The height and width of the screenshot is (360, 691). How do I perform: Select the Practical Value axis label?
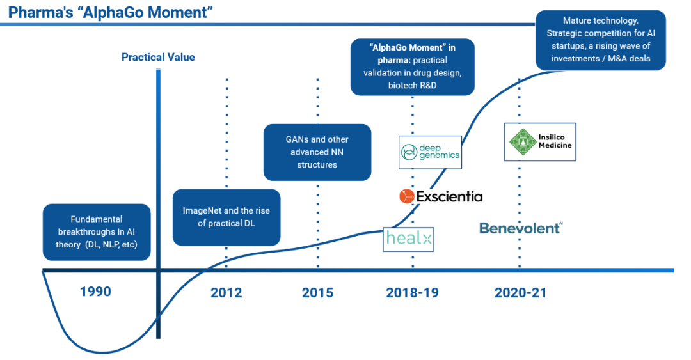pyautogui.click(x=158, y=58)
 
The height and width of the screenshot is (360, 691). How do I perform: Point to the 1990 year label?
pyautogui.click(x=95, y=292)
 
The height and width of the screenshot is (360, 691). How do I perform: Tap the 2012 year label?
pyautogui.click(x=226, y=293)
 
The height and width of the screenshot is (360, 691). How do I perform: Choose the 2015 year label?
pyautogui.click(x=317, y=293)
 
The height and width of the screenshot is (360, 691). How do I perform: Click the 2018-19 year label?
pyautogui.click(x=412, y=293)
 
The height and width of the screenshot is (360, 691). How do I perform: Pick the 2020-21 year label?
pyautogui.click(x=520, y=293)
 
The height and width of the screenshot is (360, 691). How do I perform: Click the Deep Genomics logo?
pyautogui.click(x=430, y=152)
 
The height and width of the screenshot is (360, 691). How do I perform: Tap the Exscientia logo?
pyautogui.click(x=441, y=196)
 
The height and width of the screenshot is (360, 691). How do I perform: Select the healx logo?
pyautogui.click(x=408, y=240)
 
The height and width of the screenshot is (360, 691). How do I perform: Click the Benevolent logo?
pyautogui.click(x=521, y=228)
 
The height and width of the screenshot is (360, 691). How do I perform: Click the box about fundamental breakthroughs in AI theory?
pyautogui.click(x=97, y=232)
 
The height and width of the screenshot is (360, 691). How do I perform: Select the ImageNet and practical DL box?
pyautogui.click(x=226, y=217)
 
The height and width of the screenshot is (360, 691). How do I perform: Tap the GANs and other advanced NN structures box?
pyautogui.click(x=317, y=152)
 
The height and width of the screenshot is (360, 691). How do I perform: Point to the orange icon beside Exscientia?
pyautogui.click(x=406, y=196)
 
